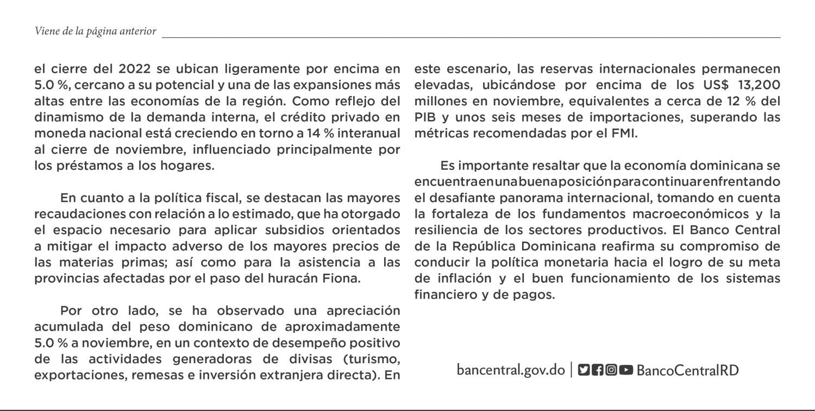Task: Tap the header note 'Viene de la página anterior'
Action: click(95, 31)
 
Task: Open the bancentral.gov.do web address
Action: click(511, 370)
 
